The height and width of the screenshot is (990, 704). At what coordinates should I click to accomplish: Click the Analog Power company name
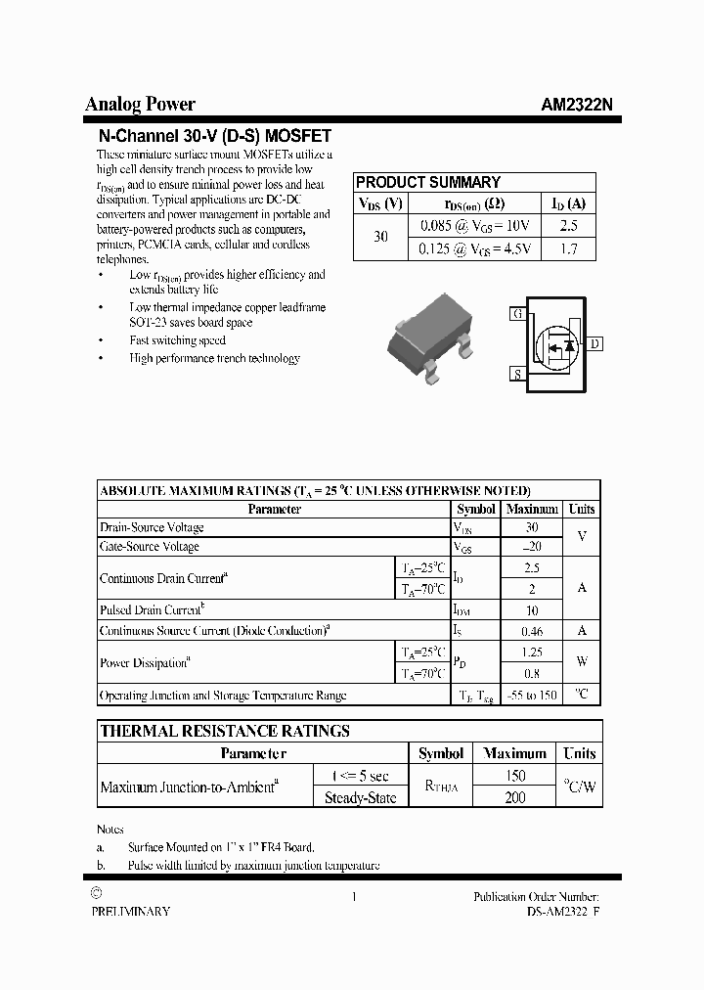pyautogui.click(x=140, y=105)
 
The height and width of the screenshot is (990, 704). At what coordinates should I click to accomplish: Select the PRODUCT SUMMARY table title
pyautogui.click(x=427, y=182)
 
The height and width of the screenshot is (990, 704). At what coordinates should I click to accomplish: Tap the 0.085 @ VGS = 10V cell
pyautogui.click(x=474, y=226)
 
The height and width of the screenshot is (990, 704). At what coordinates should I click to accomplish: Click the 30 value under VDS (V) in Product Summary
pyautogui.click(x=380, y=238)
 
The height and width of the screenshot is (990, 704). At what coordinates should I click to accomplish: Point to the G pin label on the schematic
pyautogui.click(x=516, y=314)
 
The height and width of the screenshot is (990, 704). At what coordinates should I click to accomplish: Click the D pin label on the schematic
pyautogui.click(x=595, y=343)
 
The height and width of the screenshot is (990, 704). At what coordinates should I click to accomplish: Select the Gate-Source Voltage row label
pyautogui.click(x=150, y=547)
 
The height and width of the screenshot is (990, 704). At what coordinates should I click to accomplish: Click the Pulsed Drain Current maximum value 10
pyautogui.click(x=531, y=609)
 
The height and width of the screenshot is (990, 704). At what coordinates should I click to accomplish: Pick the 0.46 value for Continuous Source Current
pyautogui.click(x=531, y=631)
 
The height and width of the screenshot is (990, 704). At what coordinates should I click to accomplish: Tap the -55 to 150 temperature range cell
pyautogui.click(x=531, y=696)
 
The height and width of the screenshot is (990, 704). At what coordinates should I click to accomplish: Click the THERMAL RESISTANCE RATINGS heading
pyautogui.click(x=225, y=731)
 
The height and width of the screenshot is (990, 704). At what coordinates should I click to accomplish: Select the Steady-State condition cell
pyautogui.click(x=360, y=797)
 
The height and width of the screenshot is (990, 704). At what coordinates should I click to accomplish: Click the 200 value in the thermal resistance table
pyautogui.click(x=514, y=797)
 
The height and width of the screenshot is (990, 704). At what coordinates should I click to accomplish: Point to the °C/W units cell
pyautogui.click(x=579, y=786)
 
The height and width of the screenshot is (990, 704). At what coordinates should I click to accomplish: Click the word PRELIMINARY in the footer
pyautogui.click(x=131, y=911)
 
